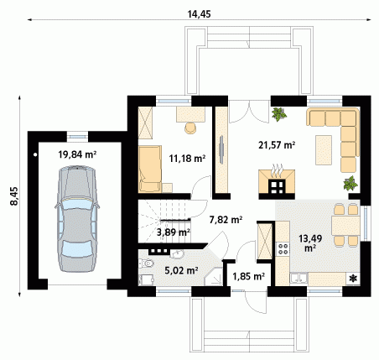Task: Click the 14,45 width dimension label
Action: coord(199,14)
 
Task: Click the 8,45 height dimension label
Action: coord(14,196)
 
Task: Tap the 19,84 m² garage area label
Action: coord(77,154)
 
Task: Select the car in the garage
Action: coord(77,219)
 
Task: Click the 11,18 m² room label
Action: coord(187,159)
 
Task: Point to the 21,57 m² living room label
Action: coord(277,145)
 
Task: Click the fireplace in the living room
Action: coord(277,182)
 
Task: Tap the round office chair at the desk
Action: coord(190,128)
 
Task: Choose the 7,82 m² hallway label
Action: coord(226,220)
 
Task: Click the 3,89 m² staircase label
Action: coord(174,232)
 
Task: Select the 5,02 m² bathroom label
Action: coord(181,270)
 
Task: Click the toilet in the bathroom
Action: coord(147,263)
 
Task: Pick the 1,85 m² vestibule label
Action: coord(249,276)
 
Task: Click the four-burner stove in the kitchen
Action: coord(283,249)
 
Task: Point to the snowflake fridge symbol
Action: coord(353,279)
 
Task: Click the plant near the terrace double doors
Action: coord(278,114)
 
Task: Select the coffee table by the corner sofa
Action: coord(324,150)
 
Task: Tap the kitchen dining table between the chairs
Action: coord(345,226)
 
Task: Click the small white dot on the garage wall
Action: coord(35,154)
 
